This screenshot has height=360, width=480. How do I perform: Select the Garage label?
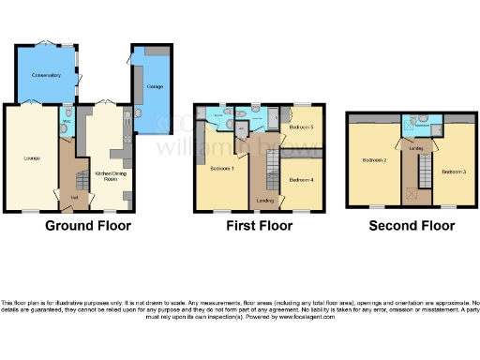point(156,87)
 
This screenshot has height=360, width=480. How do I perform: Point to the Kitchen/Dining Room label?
point(106,175)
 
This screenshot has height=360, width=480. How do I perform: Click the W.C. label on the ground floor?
point(66,122)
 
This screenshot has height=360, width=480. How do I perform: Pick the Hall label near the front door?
point(74,198)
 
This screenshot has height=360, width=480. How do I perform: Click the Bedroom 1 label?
point(221,169)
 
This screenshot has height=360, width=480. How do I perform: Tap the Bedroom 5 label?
point(300,127)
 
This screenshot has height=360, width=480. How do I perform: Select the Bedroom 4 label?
point(300,179)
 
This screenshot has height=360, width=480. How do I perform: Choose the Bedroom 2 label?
point(374,160)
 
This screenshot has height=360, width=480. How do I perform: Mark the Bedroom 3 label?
point(454,172)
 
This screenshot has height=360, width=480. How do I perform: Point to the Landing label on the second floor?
point(416,147)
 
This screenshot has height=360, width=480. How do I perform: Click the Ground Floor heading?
point(89,226)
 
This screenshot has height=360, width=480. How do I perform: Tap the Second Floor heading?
point(412,226)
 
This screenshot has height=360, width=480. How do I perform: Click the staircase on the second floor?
point(422,173)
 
